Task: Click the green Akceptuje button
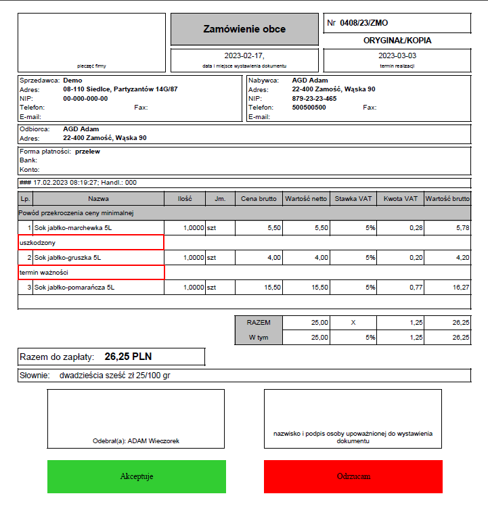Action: [136, 476]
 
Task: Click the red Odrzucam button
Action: [353, 476]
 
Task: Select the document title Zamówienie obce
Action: [244, 29]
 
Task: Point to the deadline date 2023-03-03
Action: [397, 55]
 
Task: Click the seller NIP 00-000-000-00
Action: [85, 98]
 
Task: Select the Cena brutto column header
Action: [258, 199]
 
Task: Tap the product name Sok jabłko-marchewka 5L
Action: [73, 228]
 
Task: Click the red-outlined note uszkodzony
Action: [91, 242]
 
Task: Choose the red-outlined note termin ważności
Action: [91, 272]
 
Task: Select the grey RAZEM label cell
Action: [258, 323]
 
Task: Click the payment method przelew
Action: [87, 152]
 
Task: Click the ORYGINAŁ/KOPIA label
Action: [397, 40]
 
